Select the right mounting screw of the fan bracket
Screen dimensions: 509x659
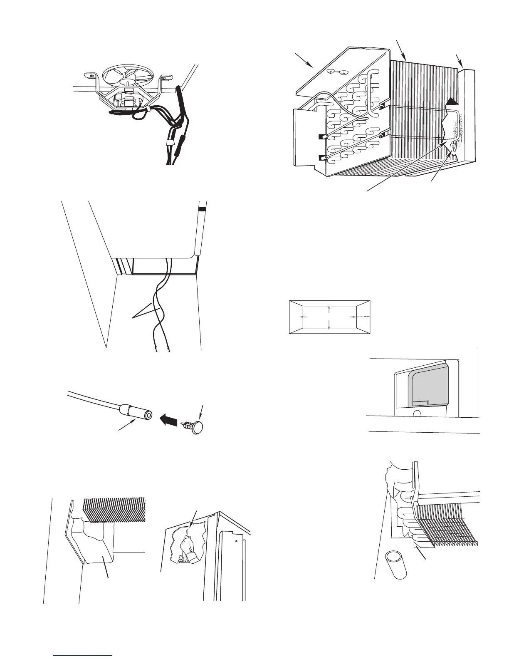163,77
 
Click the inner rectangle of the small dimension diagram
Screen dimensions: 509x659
329,317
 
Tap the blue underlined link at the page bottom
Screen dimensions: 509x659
83,655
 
